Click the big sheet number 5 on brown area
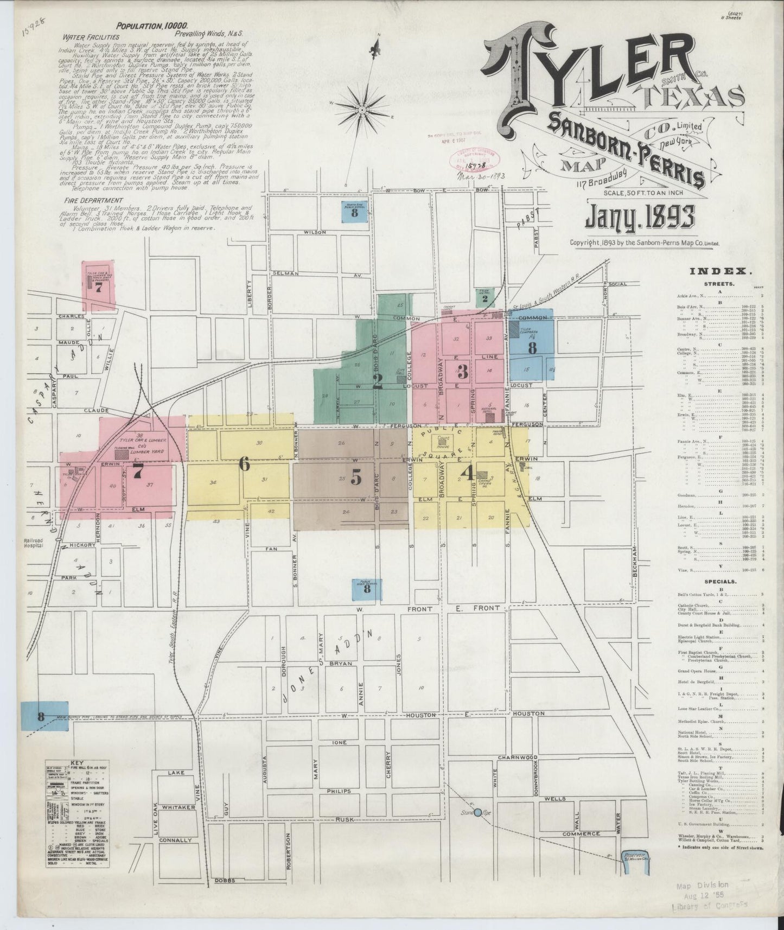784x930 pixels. [x=356, y=476]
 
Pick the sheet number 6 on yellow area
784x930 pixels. [x=245, y=464]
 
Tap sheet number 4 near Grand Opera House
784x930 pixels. [x=466, y=474]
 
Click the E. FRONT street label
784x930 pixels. [x=485, y=608]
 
